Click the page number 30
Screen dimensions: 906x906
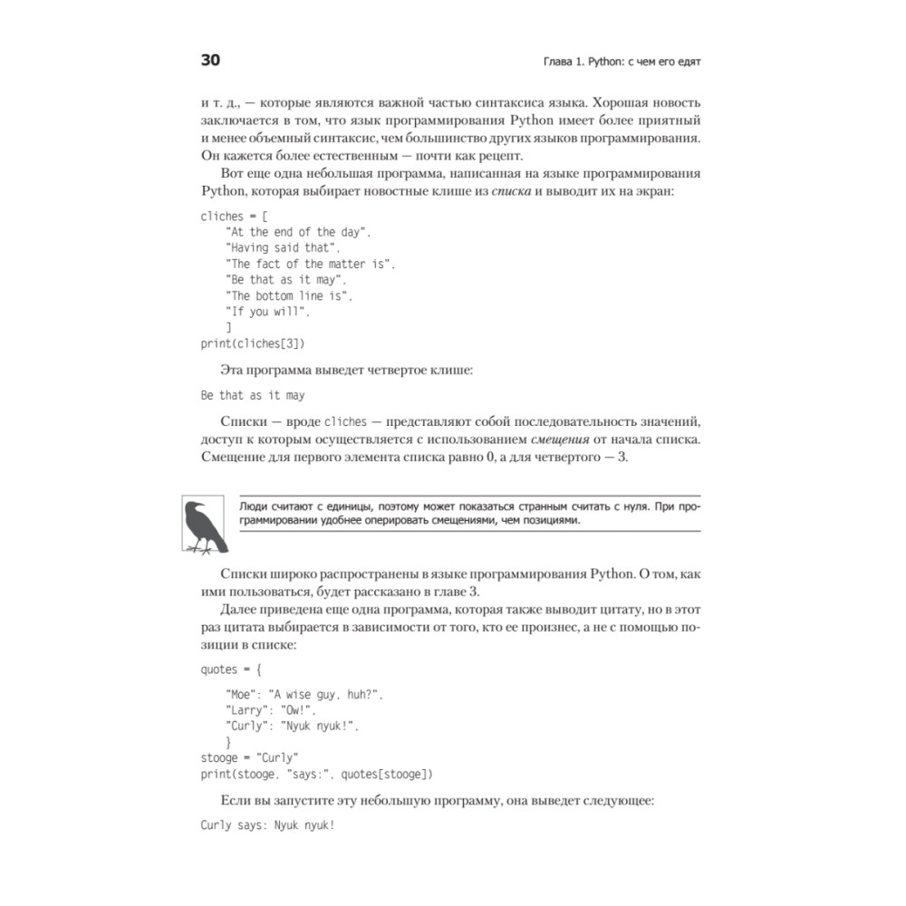pos(209,61)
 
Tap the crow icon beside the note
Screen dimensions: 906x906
pos(205,525)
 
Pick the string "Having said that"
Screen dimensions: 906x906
pos(283,247)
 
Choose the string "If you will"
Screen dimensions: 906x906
pos(268,312)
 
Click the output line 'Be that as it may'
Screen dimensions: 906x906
pos(253,395)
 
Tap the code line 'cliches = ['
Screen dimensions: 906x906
pos(235,216)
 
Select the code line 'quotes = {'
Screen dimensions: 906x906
pos(231,670)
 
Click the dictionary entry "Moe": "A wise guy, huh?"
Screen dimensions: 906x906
pos(304,694)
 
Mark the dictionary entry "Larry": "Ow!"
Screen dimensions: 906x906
pos(271,709)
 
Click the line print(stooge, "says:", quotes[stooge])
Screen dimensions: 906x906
pos(317,773)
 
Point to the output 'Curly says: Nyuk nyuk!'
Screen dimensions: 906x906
pos(268,825)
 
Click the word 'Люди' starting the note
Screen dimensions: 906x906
pos(255,506)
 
